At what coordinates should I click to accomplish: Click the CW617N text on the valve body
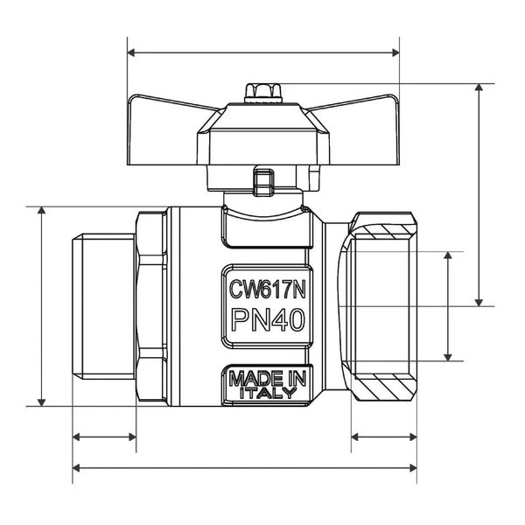267,289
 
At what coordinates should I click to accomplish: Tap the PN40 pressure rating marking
269,320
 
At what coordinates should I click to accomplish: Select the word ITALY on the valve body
269,392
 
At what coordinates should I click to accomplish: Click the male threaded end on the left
104,307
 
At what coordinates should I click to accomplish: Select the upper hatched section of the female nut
385,232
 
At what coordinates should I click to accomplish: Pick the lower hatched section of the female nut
384,382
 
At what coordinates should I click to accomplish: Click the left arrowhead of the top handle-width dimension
131,52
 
